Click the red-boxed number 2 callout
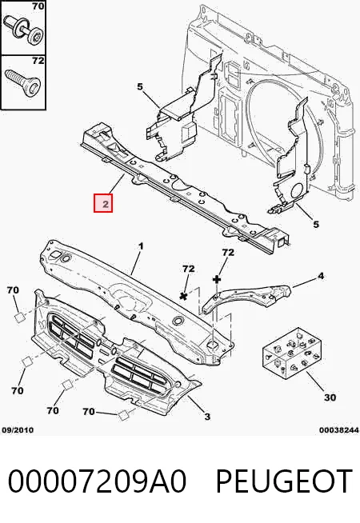pyautogui.click(x=103, y=203)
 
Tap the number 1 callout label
pyautogui.click(x=141, y=246)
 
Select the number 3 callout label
pyautogui.click(x=207, y=417)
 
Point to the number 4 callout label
pyautogui.click(x=320, y=276)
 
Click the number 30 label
pyautogui.click(x=330, y=397)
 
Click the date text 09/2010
pyautogui.click(x=18, y=430)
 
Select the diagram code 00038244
pyautogui.click(x=339, y=430)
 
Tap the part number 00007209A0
pyautogui.click(x=97, y=481)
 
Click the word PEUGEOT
pyautogui.click(x=284, y=481)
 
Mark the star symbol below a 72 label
pyautogui.click(x=183, y=296)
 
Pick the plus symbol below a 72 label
pyautogui.click(x=218, y=279)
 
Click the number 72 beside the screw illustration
pyautogui.click(x=38, y=61)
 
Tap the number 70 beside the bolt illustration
pyautogui.click(x=38, y=6)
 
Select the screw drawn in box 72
pyautogui.click(x=22, y=82)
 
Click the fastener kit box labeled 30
pyautogui.click(x=292, y=353)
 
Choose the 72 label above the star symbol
pyautogui.click(x=189, y=269)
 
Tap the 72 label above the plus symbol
pyautogui.click(x=228, y=253)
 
